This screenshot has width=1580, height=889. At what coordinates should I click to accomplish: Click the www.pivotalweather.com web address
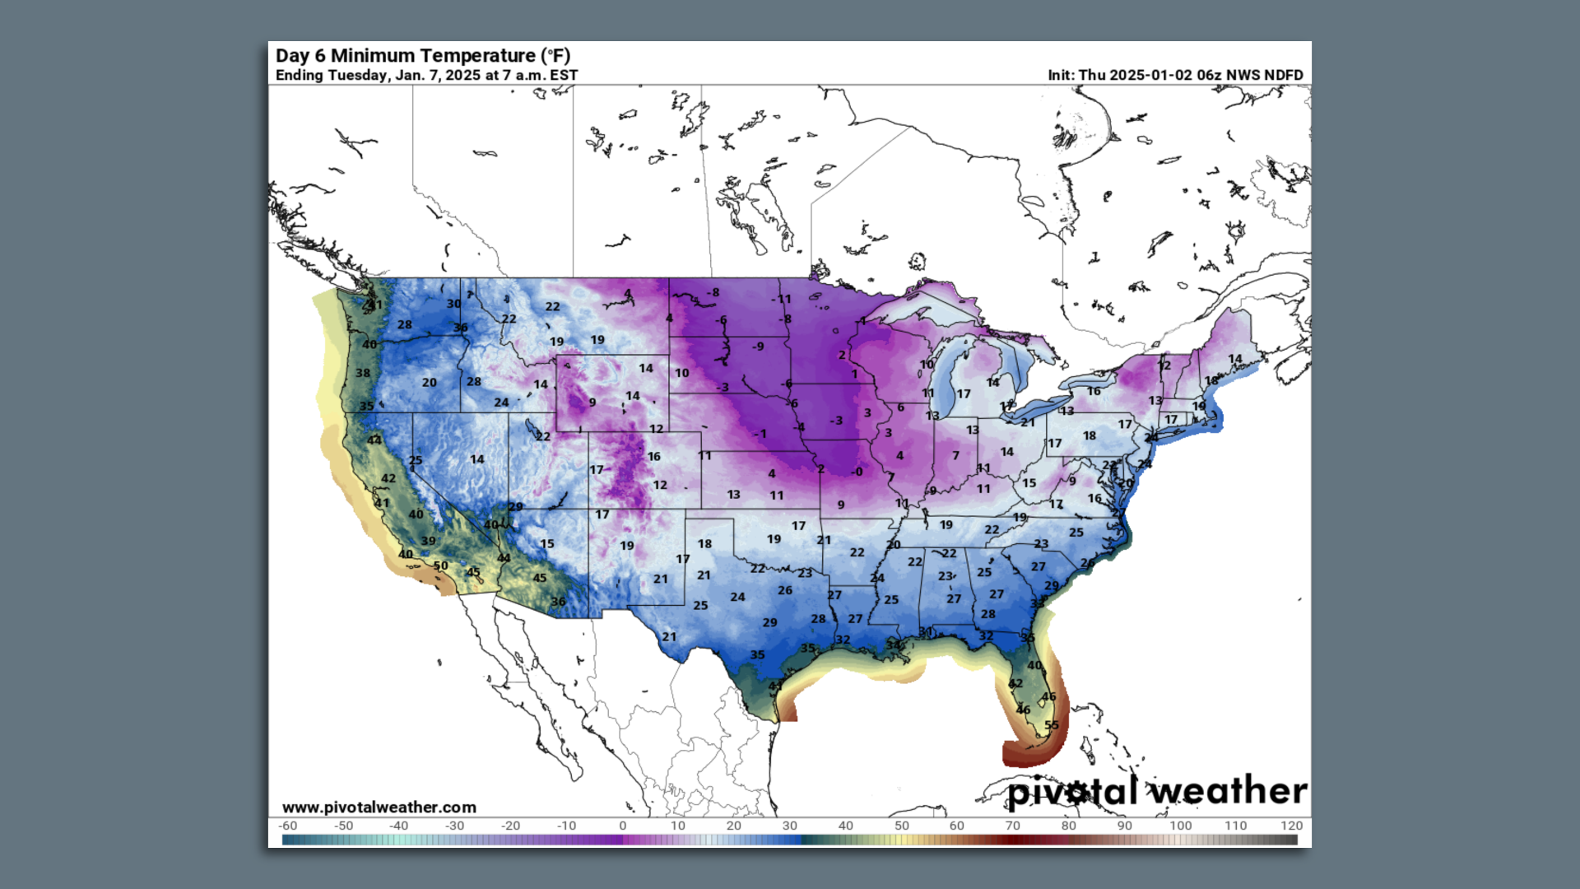(x=379, y=808)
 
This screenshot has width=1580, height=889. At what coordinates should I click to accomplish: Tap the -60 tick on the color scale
(x=287, y=826)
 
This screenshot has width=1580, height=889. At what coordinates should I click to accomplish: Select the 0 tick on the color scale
(x=622, y=826)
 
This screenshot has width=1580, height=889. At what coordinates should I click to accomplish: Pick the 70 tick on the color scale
(x=1012, y=826)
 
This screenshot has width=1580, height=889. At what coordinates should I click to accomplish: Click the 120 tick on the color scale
(x=1291, y=826)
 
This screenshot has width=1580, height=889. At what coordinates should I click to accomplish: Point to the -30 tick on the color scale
(x=454, y=826)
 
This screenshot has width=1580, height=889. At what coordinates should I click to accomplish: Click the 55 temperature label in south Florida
(x=1052, y=725)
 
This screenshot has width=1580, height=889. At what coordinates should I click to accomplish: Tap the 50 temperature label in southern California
(x=441, y=566)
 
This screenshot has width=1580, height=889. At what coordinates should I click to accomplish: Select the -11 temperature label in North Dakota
(x=782, y=299)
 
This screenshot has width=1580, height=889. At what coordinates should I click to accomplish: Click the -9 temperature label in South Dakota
(x=757, y=347)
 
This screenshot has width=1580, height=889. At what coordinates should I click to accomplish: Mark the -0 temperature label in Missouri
(x=857, y=472)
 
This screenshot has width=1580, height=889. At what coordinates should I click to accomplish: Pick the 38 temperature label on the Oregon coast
(x=363, y=373)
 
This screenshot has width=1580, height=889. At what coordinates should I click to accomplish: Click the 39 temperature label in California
(x=429, y=541)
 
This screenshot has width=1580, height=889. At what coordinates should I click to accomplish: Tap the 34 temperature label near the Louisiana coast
(x=894, y=645)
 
